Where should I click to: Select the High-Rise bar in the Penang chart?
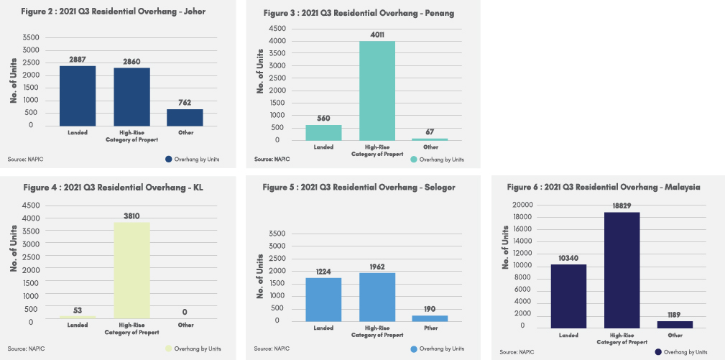click(377, 91)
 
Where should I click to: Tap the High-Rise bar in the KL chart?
click(131, 270)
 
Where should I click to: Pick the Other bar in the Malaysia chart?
click(675, 324)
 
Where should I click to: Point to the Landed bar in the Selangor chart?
click(323, 299)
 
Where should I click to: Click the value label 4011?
click(377, 34)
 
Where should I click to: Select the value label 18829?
click(622, 206)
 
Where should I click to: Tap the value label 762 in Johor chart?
click(185, 103)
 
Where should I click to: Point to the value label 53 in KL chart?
click(77, 310)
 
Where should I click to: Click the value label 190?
click(430, 309)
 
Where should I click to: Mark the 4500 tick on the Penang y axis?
click(277, 28)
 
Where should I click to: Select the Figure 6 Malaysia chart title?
click(604, 187)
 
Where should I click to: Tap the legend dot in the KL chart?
click(169, 349)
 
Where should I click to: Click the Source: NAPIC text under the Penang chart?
click(271, 159)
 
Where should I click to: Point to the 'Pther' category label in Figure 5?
click(430, 328)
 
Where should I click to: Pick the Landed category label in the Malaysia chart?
click(569, 334)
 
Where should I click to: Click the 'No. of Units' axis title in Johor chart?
click(14, 80)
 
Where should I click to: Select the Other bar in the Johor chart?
click(185, 117)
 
